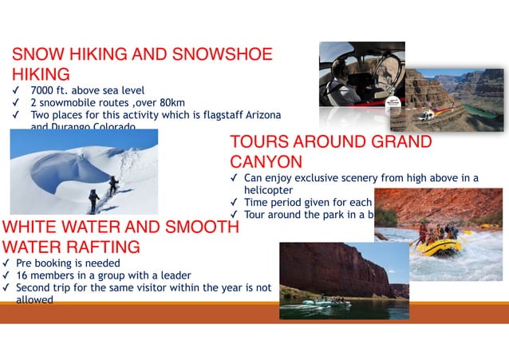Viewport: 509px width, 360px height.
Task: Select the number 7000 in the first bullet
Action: pos(42,91)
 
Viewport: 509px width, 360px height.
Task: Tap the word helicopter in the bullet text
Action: pos(268,191)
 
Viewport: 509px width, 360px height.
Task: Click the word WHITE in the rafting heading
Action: pos(31,227)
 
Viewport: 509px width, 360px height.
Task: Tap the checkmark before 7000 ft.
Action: pos(15,91)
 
